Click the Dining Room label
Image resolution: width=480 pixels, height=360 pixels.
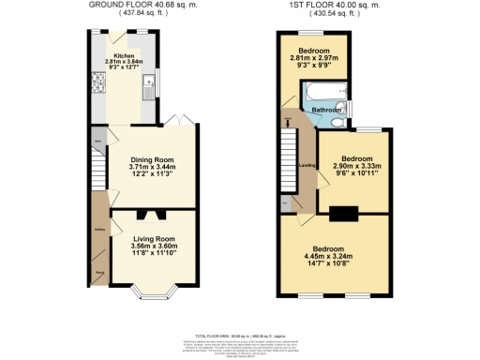[153, 158]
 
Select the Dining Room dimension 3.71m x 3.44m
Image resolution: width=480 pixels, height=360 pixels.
[153, 167]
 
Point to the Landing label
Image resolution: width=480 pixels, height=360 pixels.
[304, 167]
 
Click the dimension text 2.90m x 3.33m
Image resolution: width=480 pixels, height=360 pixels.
[353, 167]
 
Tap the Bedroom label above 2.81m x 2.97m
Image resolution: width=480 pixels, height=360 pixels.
[311, 50]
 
